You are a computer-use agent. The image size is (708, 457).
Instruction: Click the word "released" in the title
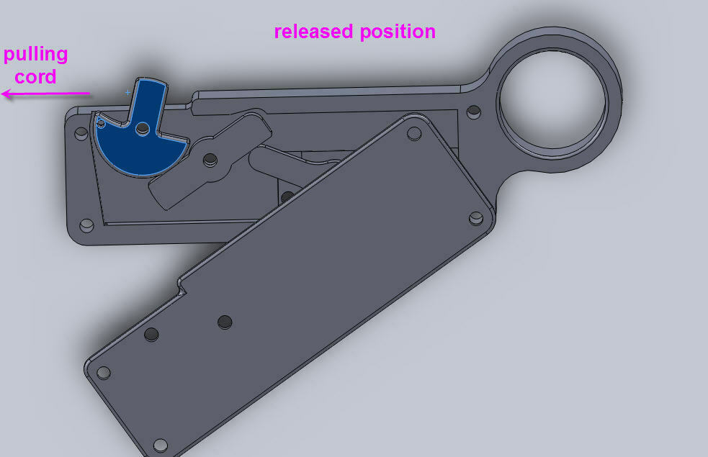(x=313, y=32)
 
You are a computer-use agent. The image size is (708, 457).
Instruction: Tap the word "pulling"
(x=36, y=55)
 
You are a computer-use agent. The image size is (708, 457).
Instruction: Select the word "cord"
(x=35, y=76)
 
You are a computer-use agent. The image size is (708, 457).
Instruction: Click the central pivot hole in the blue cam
(x=143, y=129)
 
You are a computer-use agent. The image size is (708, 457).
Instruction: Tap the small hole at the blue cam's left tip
(x=101, y=123)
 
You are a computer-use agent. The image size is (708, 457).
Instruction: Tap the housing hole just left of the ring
(x=473, y=112)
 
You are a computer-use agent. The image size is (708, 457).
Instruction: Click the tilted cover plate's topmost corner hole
(x=413, y=134)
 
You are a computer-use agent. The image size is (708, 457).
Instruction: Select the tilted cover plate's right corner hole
(x=475, y=217)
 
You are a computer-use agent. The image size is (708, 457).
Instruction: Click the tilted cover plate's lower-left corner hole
(x=103, y=373)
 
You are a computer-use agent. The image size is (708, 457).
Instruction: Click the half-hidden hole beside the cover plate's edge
(x=287, y=196)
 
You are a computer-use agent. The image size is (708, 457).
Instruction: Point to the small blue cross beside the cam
(x=128, y=93)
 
